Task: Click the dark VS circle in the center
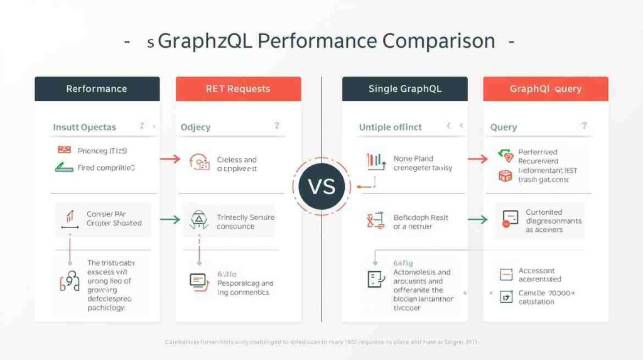(x=321, y=187)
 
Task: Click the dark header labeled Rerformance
(x=97, y=89)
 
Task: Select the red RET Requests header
(x=238, y=89)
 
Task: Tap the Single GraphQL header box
(x=404, y=89)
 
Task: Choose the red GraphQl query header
(x=545, y=89)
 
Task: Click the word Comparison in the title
(x=437, y=41)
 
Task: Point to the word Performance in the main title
(x=316, y=41)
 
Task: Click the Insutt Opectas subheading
(x=84, y=127)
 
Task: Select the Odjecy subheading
(x=195, y=127)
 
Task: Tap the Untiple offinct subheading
(x=390, y=127)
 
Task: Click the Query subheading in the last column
(x=504, y=127)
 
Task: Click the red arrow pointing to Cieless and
(x=170, y=160)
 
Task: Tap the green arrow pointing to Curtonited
(x=478, y=220)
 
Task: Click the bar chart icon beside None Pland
(x=374, y=161)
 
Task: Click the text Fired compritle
(x=106, y=168)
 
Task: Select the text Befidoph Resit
(x=421, y=217)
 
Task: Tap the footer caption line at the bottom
(x=321, y=341)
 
